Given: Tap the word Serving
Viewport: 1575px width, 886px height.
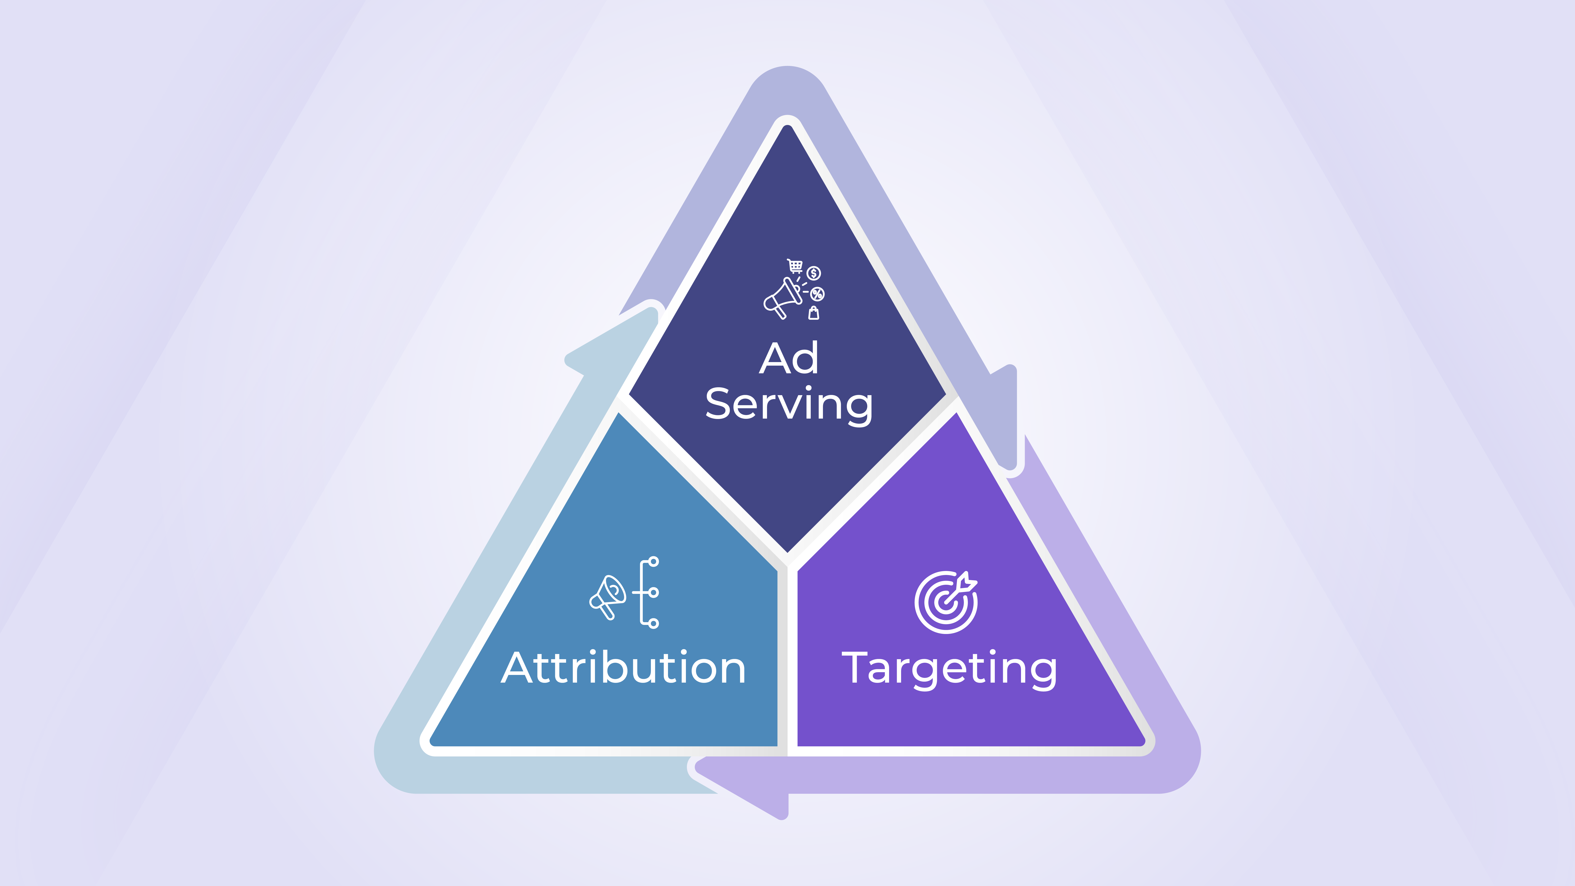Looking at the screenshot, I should pos(789,405).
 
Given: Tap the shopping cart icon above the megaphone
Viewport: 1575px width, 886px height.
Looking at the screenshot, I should pos(795,266).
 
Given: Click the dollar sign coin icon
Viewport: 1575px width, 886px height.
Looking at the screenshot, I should pos(814,273).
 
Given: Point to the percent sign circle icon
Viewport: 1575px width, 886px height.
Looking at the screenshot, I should pos(817,294).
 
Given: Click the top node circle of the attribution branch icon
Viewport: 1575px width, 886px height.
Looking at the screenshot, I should pos(654,561).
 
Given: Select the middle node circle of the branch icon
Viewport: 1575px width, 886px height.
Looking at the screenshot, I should pos(654,592).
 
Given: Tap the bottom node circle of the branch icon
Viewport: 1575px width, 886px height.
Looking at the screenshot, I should pos(654,624).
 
